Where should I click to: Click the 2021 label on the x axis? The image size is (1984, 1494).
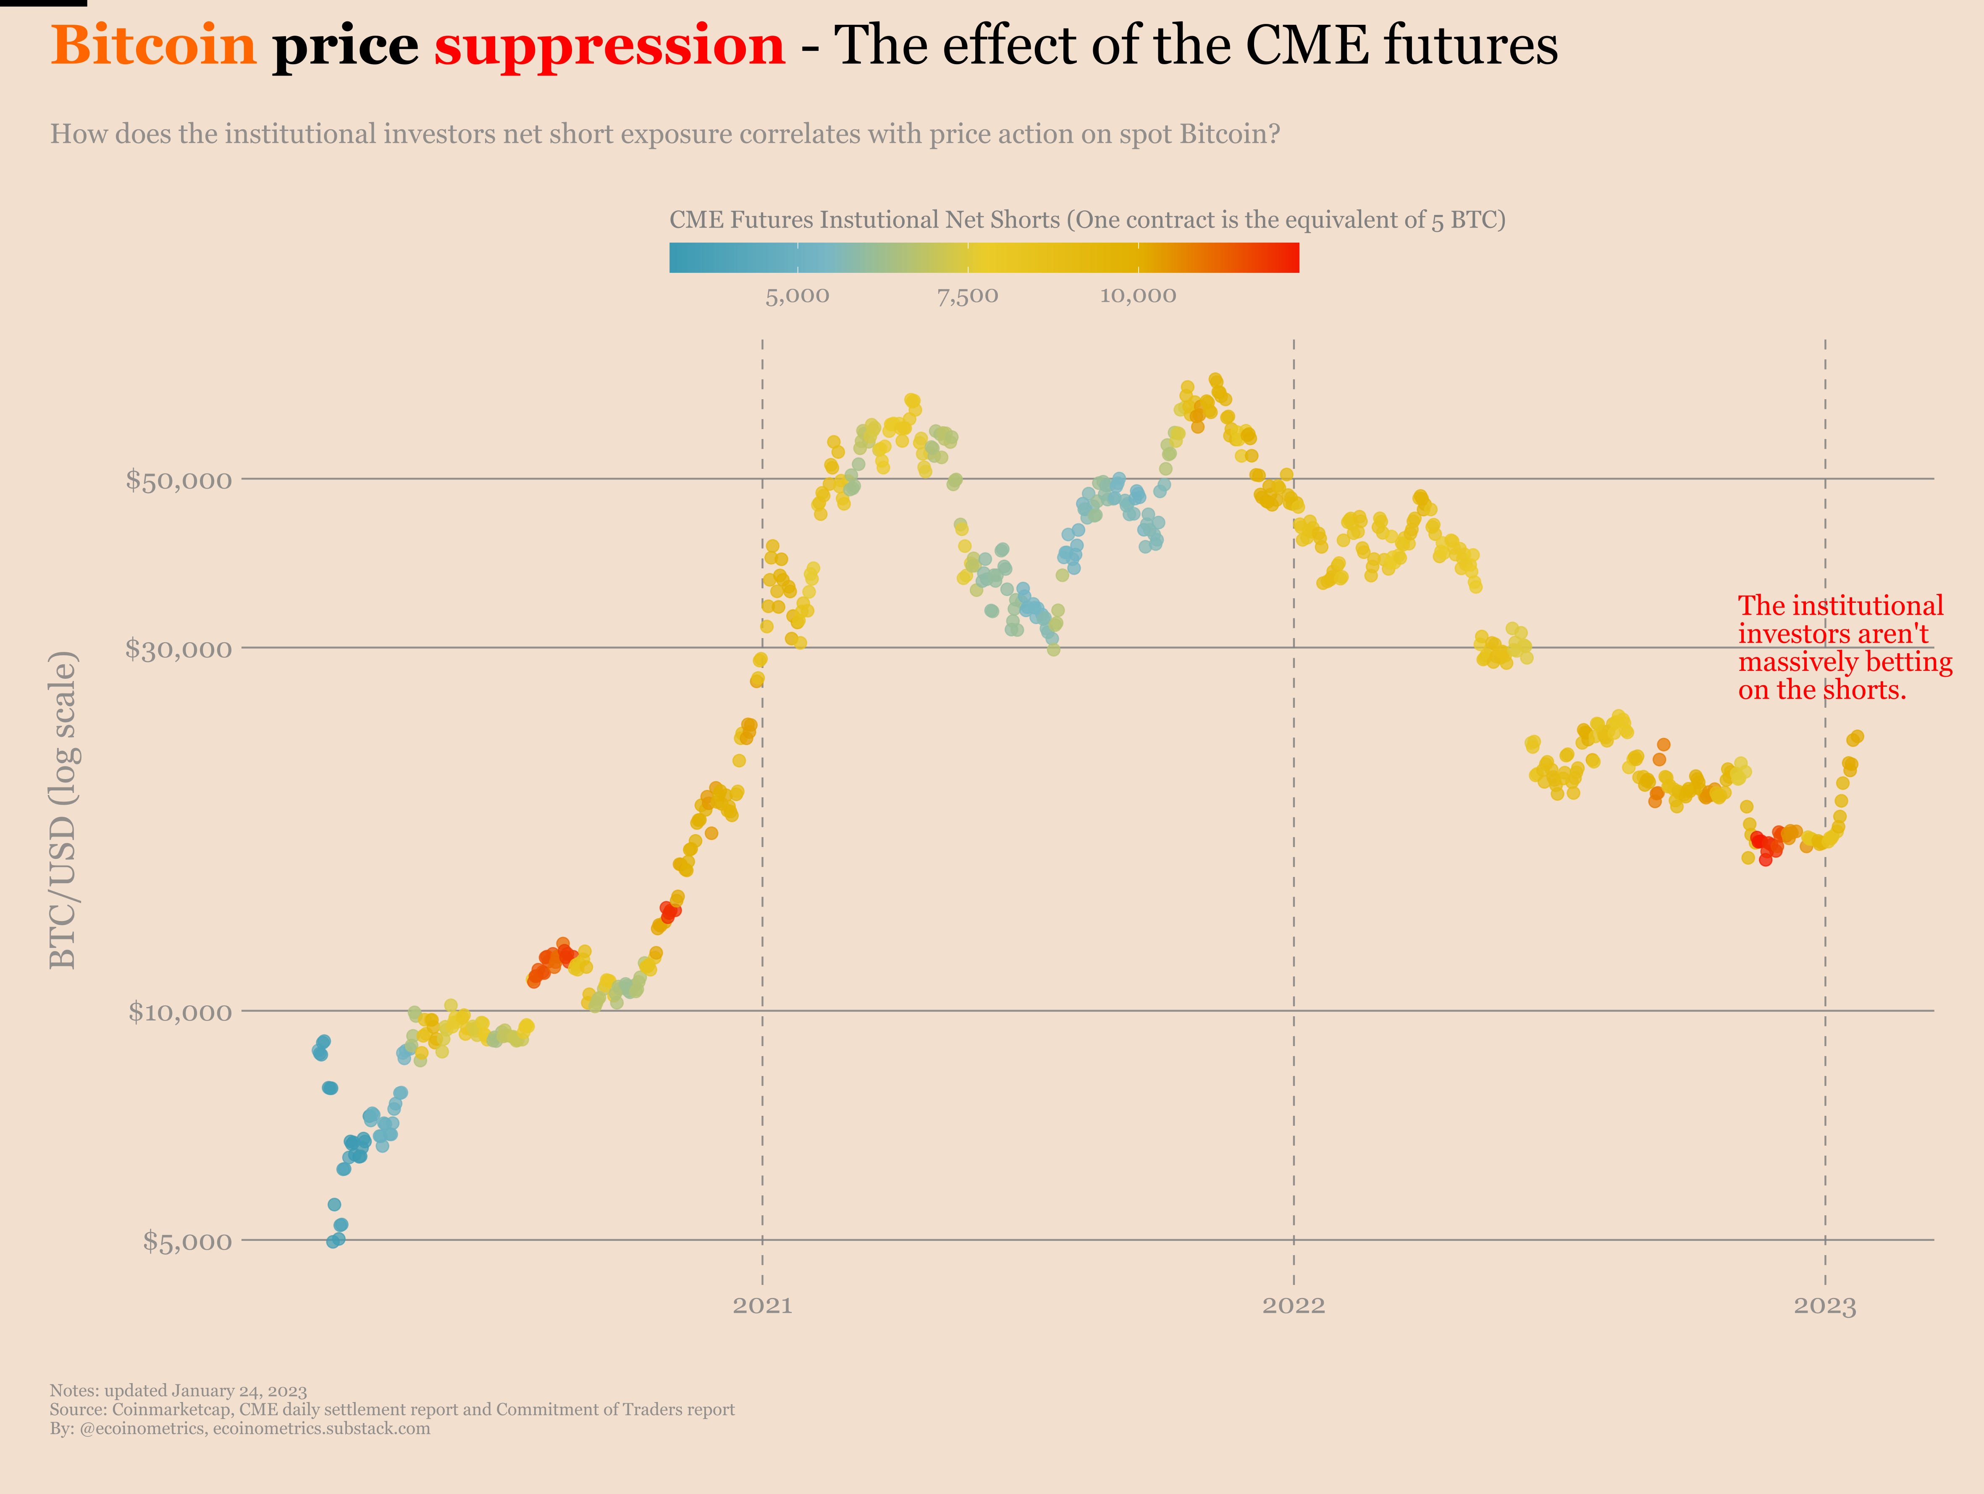point(762,1306)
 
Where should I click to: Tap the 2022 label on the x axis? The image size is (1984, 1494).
point(1294,1306)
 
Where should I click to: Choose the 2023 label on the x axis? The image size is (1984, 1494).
point(1824,1306)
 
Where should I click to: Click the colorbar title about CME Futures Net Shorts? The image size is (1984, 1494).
point(1087,220)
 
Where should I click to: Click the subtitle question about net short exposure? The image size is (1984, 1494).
point(664,134)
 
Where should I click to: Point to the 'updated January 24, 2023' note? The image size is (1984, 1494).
point(178,1391)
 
